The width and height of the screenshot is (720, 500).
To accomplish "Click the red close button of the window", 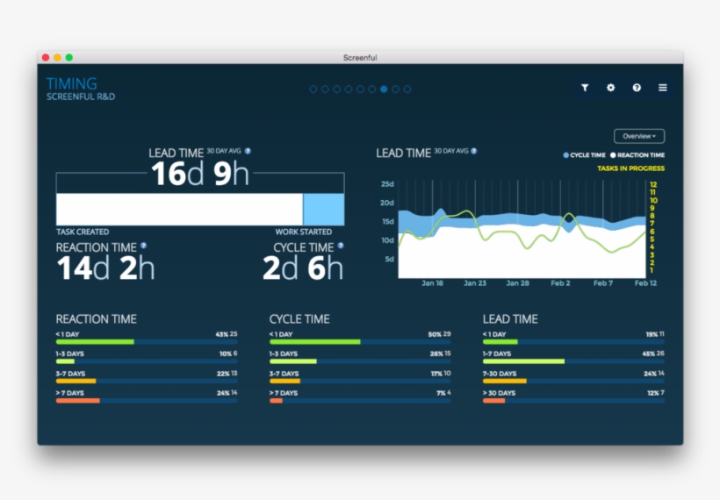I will [x=46, y=58].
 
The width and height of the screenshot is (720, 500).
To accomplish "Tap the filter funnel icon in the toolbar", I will [x=585, y=88].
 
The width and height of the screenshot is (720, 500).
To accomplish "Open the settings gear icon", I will [x=611, y=88].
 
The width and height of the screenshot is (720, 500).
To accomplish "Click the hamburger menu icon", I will [x=663, y=88].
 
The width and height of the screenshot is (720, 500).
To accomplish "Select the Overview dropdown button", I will [x=638, y=136].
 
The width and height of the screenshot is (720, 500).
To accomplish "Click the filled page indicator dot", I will [x=384, y=89].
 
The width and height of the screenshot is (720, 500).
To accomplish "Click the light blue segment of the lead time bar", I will [x=323, y=210].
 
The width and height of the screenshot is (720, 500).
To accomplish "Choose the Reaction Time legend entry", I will [x=639, y=155].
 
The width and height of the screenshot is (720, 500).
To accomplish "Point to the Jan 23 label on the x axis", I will [x=475, y=283].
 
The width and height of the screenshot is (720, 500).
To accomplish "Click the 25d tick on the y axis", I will [x=387, y=184].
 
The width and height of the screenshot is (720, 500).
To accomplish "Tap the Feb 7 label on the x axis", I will [x=603, y=283].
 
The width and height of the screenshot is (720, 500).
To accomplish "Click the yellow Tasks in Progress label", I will [x=630, y=168].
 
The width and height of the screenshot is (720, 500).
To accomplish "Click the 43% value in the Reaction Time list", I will [x=221, y=334].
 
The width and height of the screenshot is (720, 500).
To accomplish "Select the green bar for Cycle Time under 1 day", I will [x=314, y=341].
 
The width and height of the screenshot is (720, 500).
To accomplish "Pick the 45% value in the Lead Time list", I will [x=649, y=354].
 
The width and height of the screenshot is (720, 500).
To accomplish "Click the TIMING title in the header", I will [x=72, y=83].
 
